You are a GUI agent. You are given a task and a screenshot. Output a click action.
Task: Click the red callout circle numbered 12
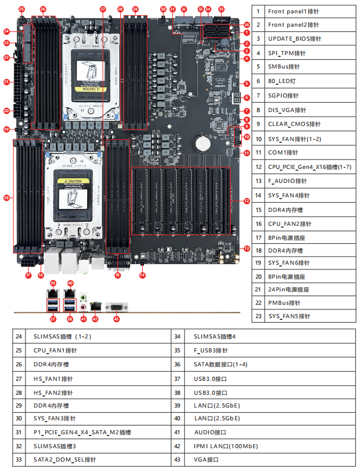[x=247, y=201]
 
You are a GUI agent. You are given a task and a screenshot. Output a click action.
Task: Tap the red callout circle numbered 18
[x=6, y=198]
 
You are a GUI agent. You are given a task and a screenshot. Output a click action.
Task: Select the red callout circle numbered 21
[x=6, y=82]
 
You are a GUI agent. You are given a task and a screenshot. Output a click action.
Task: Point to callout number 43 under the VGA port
[x=116, y=319]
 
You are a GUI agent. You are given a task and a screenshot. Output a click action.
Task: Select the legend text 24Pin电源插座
[x=289, y=289]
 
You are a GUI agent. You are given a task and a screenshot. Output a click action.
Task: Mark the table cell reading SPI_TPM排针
[x=287, y=53]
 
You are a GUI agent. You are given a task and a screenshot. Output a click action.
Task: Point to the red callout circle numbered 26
[x=43, y=9]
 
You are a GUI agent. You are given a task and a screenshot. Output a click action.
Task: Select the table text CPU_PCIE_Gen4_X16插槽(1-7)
[x=309, y=166]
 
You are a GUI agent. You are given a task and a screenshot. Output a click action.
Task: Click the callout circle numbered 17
[x=27, y=275]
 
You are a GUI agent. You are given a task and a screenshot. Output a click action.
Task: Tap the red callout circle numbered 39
[x=53, y=283]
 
